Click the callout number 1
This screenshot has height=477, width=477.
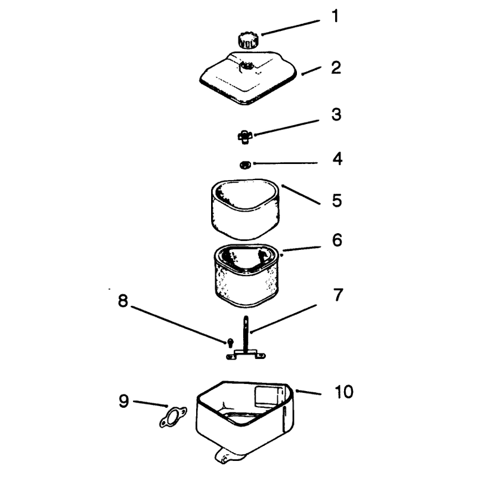[335, 16]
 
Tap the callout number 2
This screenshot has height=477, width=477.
[336, 67]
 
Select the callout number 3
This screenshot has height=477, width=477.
[336, 114]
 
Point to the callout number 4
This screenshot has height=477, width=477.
[337, 159]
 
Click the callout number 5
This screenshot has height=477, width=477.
[337, 200]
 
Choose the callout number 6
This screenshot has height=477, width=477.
[337, 240]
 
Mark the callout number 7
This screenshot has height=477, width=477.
[338, 295]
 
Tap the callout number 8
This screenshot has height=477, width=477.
[123, 301]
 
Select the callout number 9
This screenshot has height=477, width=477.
[124, 401]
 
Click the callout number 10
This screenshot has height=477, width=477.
[344, 392]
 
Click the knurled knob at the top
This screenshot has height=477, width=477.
[248, 41]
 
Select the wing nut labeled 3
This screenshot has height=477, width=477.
[245, 137]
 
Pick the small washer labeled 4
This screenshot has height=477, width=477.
[244, 165]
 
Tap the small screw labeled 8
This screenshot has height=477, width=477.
[231, 342]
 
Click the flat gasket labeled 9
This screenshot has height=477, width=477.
[174, 416]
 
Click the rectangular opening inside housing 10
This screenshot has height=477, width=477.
[267, 397]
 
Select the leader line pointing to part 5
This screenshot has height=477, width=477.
[301, 194]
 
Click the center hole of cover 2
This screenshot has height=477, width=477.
[247, 66]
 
